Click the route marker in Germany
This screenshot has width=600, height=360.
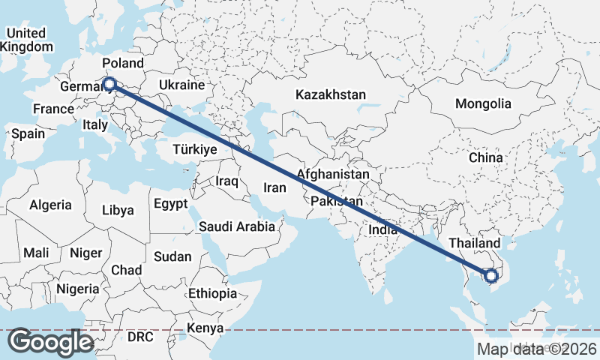(x=109, y=85)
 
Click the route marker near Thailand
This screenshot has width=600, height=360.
(x=492, y=276)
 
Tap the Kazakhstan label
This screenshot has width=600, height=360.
(x=331, y=95)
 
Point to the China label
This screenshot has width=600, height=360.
(x=485, y=157)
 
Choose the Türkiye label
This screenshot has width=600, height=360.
(x=194, y=149)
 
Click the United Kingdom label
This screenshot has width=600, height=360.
(x=26, y=40)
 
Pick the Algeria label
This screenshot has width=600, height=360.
(x=50, y=205)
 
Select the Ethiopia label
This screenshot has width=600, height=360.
(x=213, y=293)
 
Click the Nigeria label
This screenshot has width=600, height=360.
(x=77, y=289)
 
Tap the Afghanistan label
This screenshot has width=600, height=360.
(x=333, y=174)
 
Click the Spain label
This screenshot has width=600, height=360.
(x=28, y=134)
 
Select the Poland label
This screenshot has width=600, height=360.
(x=123, y=63)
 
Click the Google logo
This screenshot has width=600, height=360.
(x=50, y=342)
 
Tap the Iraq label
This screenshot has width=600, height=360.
(x=226, y=181)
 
